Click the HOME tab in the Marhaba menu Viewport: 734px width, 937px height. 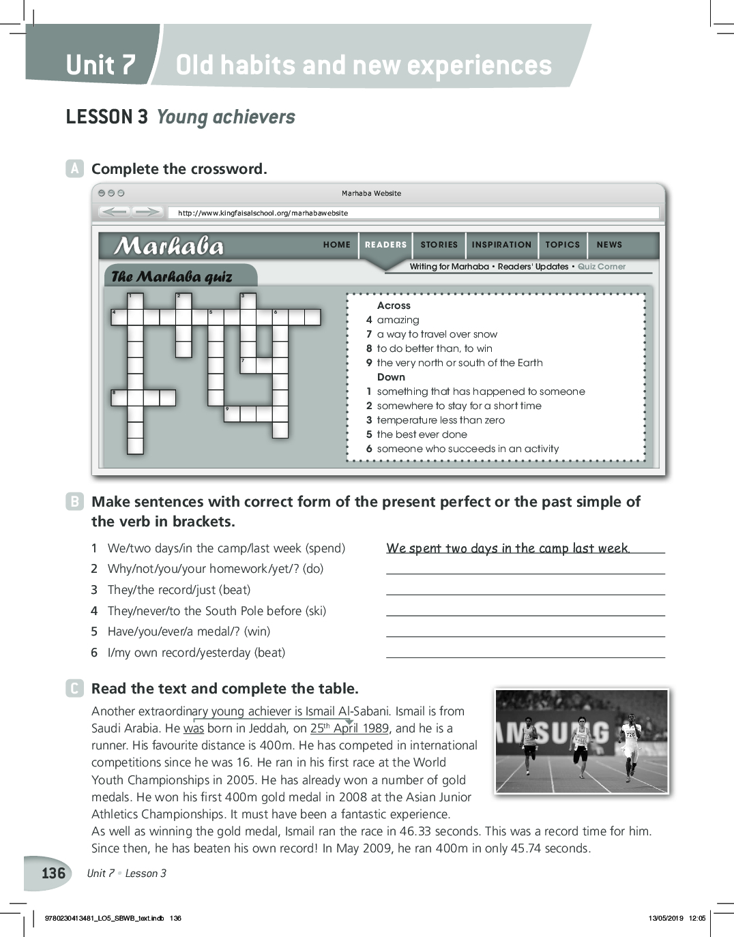336,245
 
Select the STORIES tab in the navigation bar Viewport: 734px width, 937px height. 439,245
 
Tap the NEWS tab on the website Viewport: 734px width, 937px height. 609,245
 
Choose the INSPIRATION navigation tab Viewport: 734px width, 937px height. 501,245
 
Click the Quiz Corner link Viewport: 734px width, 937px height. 601,267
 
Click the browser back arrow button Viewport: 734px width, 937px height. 115,212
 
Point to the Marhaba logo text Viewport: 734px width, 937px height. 168,246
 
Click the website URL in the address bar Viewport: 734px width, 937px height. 263,213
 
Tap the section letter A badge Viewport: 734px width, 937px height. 74,168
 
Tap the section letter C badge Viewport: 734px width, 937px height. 74,688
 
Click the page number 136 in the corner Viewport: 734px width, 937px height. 53,874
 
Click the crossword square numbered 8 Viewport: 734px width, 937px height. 119,398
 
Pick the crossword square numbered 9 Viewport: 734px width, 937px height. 232,413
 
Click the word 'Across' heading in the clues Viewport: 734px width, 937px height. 394,306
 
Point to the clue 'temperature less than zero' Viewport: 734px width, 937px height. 441,420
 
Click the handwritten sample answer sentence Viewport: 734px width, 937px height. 508,548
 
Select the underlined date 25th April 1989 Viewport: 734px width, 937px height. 349,728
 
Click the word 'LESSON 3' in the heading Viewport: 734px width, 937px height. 106,117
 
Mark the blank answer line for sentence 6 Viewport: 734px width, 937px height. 525,656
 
